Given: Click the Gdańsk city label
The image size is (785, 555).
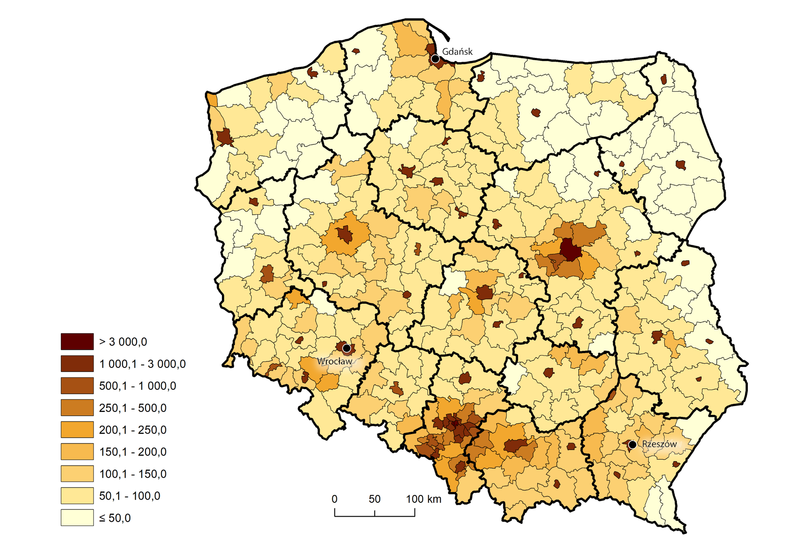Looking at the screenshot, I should (x=457, y=51).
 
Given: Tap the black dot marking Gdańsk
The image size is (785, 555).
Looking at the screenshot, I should (x=435, y=59).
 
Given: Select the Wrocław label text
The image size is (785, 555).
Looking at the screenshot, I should (x=334, y=361).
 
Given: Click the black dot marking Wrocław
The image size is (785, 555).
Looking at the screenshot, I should (x=346, y=348).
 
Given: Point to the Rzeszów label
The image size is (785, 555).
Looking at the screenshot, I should (x=659, y=444).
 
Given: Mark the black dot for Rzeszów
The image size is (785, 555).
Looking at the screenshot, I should (x=632, y=445).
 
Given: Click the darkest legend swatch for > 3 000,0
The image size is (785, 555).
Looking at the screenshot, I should (x=77, y=342).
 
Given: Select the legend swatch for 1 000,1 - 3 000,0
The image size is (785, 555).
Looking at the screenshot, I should (x=77, y=364).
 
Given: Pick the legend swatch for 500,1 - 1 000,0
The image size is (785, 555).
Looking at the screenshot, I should (x=77, y=386).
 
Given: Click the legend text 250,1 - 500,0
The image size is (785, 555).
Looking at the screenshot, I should (x=133, y=408).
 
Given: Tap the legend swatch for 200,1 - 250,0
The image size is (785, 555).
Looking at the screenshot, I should (x=77, y=430).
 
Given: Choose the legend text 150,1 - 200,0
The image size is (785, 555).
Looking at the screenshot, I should (x=133, y=452).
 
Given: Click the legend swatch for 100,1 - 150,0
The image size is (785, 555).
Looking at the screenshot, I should (x=77, y=474).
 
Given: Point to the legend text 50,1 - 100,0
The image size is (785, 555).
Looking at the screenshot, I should (x=130, y=496).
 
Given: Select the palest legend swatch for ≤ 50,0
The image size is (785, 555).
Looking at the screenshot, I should (x=77, y=518).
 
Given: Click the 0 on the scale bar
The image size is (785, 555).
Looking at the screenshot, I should (x=334, y=499).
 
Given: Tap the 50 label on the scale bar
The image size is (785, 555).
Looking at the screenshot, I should (x=375, y=499).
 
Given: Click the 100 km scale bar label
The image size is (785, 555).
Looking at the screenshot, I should (x=424, y=499).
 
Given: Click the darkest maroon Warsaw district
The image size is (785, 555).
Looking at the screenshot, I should (x=570, y=249).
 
